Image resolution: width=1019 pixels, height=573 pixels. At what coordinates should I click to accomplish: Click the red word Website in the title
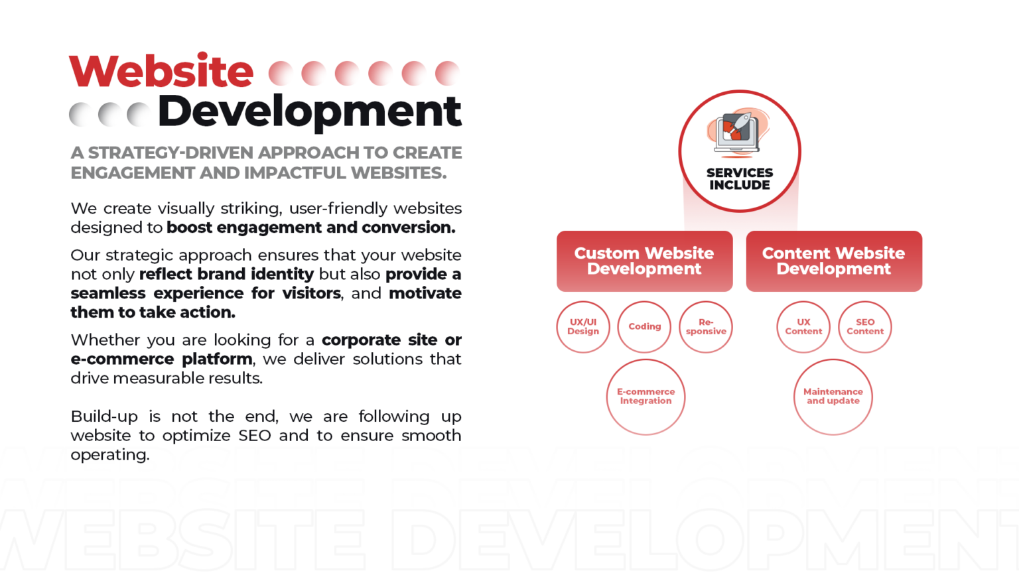pos(161,70)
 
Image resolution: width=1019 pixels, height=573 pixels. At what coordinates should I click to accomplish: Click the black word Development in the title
pos(310,112)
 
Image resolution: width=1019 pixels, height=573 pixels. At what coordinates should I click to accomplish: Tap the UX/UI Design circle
pos(583,327)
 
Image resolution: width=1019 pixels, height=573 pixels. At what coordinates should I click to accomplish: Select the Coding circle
pos(645,327)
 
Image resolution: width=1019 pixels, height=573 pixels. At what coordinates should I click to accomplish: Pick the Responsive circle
pos(706,327)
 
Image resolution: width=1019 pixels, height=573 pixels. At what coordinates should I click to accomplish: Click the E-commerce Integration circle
pos(646,397)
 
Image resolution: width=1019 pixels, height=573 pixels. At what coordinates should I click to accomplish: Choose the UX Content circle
pos(803,327)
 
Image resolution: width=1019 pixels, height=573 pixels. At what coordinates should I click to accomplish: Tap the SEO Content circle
pos(865,327)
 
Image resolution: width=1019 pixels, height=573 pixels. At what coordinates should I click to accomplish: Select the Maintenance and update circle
pos(833,397)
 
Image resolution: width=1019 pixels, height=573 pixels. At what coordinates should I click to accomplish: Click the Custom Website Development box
pos(645,261)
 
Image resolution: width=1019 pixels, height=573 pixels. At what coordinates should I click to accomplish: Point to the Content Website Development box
pos(835,261)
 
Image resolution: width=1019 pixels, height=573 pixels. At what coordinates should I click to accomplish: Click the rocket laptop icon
pos(738,133)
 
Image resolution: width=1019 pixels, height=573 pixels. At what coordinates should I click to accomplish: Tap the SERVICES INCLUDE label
pos(740,178)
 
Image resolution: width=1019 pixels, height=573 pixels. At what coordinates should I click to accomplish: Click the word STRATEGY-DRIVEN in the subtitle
pos(171,153)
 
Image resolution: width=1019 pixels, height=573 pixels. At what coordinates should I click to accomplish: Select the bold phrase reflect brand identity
pos(226,274)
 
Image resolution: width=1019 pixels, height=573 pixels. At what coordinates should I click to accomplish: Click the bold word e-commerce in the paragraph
pos(122,359)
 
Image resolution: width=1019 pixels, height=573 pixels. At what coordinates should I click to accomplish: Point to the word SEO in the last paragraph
pos(255,436)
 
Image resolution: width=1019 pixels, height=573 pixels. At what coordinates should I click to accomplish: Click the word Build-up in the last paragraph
pos(104,417)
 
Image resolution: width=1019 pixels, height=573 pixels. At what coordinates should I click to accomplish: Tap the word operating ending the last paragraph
pos(110,455)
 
